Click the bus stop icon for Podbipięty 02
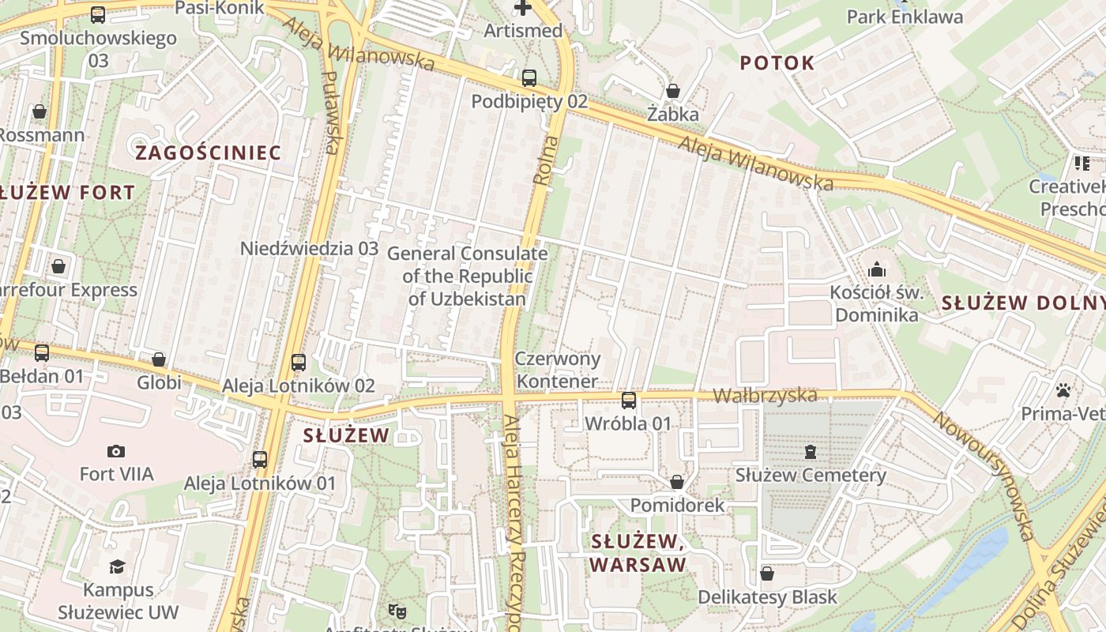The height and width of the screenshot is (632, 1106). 529,78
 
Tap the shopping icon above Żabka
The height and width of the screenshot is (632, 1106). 673,91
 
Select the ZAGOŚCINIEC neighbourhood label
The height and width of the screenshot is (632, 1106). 208,152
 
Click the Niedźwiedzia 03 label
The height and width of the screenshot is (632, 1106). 310,248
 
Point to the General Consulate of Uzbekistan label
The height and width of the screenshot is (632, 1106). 467,276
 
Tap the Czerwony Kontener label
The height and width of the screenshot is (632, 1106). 557,370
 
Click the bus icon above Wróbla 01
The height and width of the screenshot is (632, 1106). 629,401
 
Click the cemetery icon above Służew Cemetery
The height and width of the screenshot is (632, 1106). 811,452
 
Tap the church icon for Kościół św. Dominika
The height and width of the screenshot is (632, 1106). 876,269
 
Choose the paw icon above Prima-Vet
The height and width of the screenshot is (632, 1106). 1063,390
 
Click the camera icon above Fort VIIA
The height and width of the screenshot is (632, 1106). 116,451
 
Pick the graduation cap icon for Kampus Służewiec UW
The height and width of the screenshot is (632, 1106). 118,566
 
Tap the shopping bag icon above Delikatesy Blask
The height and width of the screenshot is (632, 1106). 766,574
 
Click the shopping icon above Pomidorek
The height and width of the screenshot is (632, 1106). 677,481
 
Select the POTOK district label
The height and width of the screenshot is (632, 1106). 777,64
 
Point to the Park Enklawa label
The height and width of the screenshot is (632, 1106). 905,17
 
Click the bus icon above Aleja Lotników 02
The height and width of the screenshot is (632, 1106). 298,363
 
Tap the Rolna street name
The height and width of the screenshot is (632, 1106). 545,160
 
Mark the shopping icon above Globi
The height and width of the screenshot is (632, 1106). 159,359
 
